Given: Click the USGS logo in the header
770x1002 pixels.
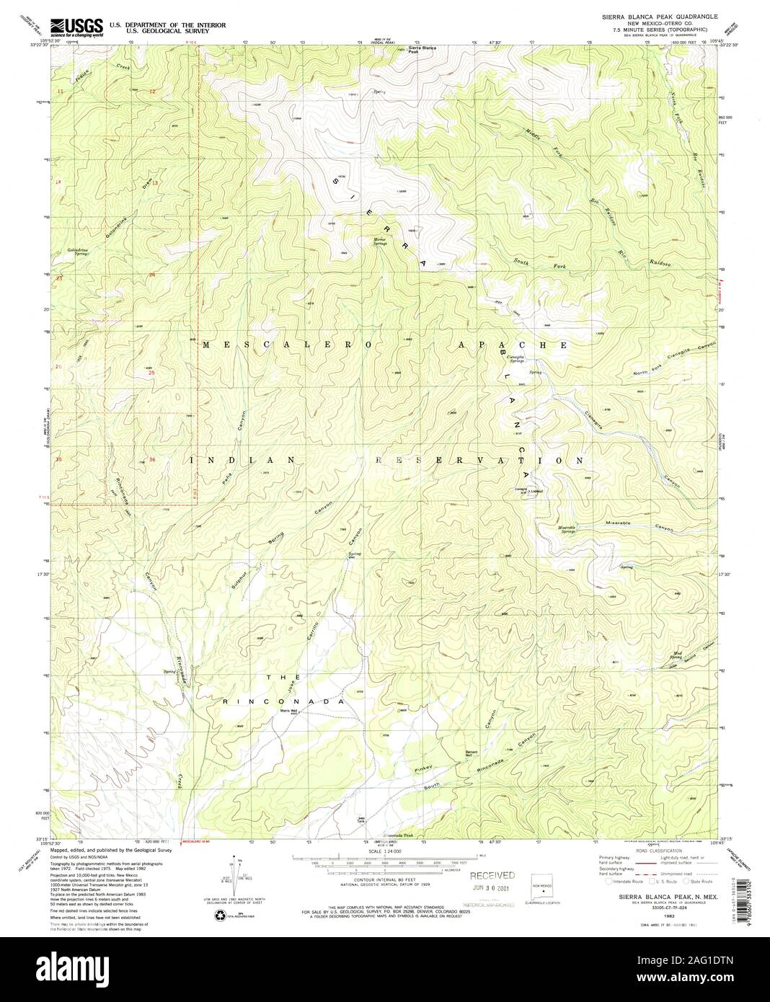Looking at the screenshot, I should [x=76, y=27].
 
